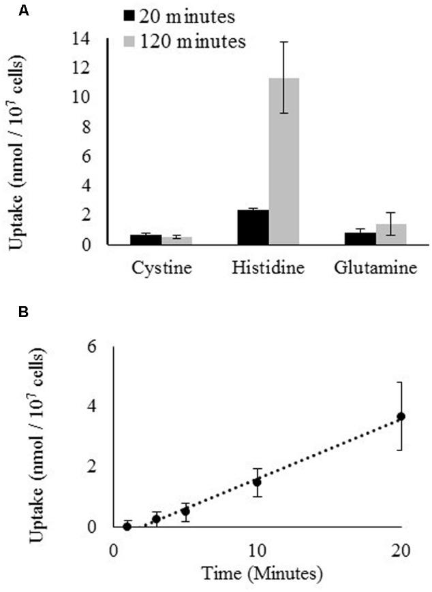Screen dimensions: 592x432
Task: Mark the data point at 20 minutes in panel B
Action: [x=401, y=416]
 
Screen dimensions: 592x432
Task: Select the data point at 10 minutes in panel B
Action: [x=257, y=482]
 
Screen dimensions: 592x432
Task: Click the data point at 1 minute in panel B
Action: [x=127, y=526]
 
